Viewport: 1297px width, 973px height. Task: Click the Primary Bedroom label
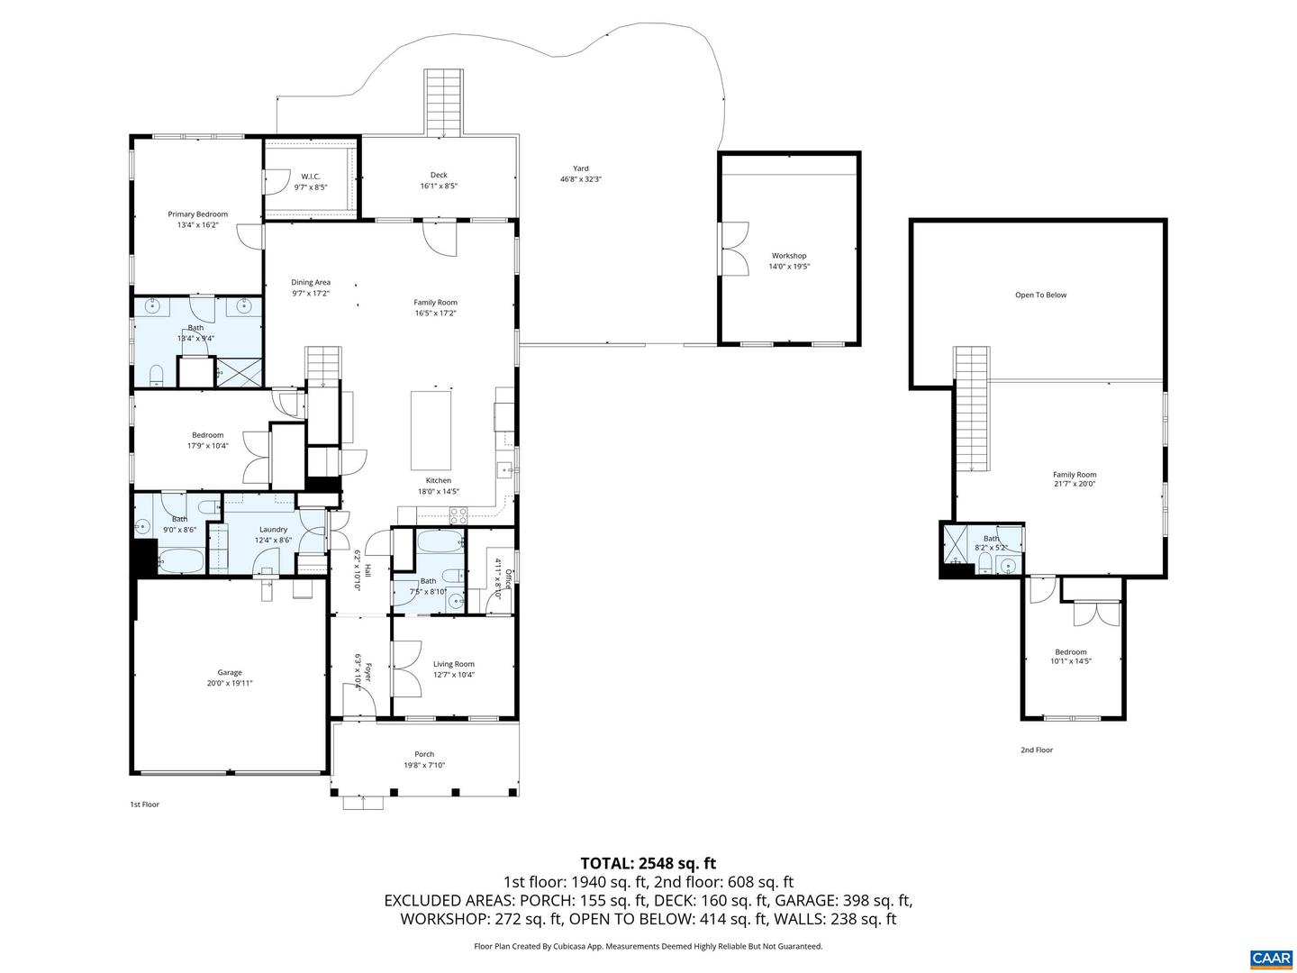197,214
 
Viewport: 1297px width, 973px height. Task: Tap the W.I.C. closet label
310,177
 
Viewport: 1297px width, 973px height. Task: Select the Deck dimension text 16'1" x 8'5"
439,186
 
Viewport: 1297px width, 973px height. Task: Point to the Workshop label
789,256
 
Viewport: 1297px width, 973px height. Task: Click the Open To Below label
1040,295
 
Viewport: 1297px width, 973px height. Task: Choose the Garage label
230,672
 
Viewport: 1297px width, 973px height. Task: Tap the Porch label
424,754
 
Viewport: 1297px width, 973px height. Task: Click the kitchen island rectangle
431,425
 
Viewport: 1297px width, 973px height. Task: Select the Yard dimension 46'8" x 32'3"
581,179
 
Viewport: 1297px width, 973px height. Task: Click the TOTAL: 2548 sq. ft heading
648,863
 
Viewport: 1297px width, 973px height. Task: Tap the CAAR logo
1270,957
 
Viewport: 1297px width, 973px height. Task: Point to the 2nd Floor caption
1036,750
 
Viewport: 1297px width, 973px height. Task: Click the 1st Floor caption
145,804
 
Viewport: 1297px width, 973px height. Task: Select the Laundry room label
273,530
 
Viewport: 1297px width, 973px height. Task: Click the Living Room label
453,664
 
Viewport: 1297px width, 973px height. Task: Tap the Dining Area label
311,282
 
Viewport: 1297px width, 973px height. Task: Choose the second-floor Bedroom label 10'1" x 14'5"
1071,652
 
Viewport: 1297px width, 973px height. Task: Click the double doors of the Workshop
734,248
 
